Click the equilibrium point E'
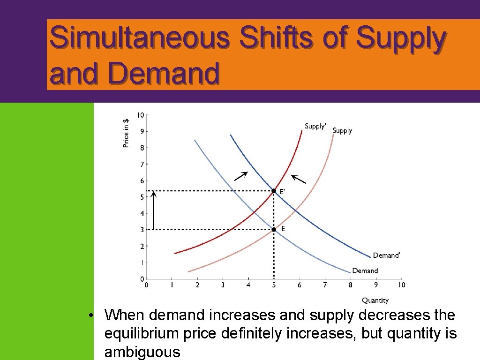point(274,191)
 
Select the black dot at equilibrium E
point(274,229)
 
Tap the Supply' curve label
point(315,126)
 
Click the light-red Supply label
point(342,131)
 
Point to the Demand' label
point(387,255)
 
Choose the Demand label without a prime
point(365,271)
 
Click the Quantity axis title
point(375,300)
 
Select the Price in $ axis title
point(126,133)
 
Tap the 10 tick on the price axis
point(141,115)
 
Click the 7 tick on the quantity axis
point(325,285)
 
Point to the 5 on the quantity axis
point(274,285)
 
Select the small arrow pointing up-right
point(240,176)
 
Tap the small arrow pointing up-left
point(299,179)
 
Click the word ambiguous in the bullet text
point(142,352)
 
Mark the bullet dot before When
point(95,315)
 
